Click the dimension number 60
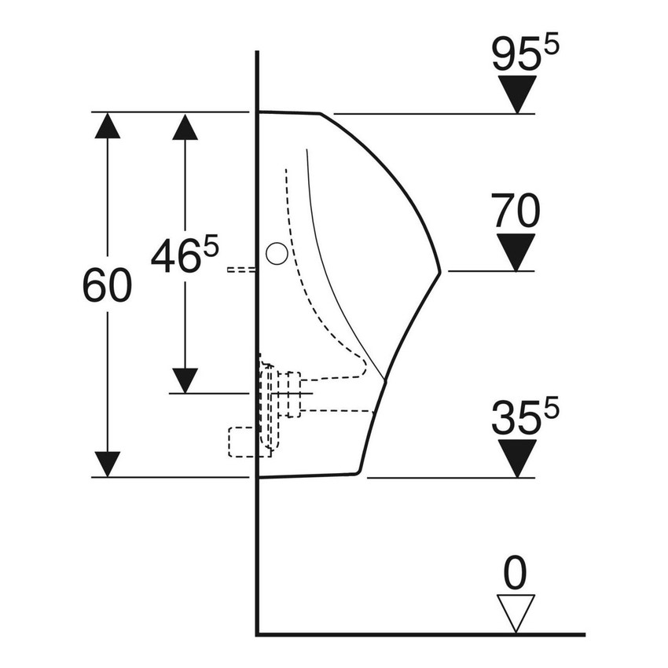pos(107,287)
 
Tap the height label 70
pos(517,211)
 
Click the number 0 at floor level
pos(516,574)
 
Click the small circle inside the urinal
pos(276,253)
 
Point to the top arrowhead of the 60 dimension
pos(108,126)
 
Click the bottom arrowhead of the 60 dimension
pos(108,464)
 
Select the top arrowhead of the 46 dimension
pos(185,127)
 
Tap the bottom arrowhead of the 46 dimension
pos(185,380)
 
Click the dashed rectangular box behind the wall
pos(241,442)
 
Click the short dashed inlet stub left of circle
pos(240,270)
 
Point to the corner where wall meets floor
pos(258,633)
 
